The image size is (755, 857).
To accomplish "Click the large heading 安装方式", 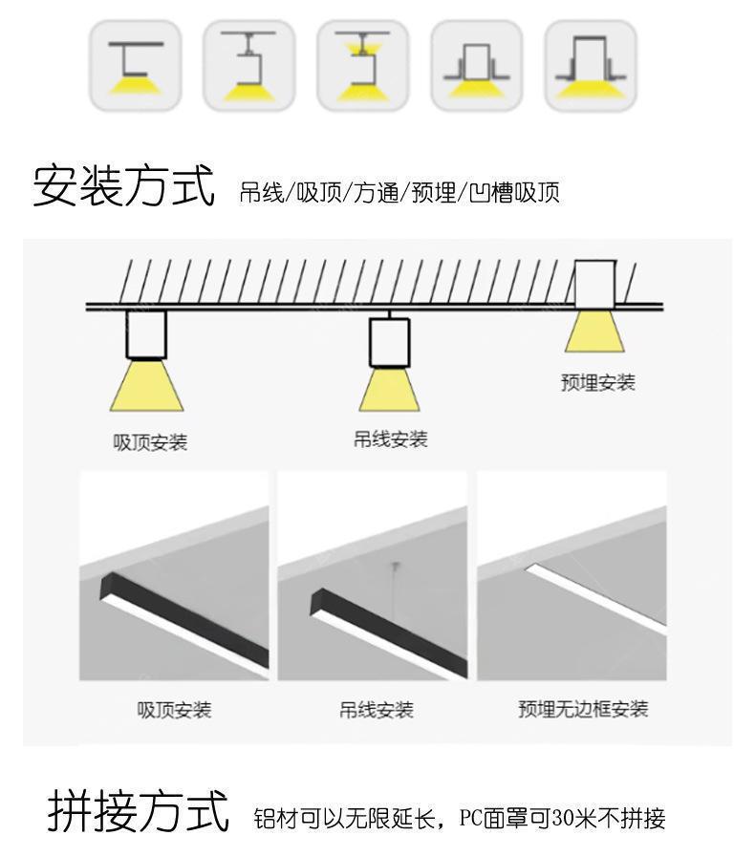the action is [x=123, y=184].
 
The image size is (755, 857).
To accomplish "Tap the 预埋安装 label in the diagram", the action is [x=597, y=383].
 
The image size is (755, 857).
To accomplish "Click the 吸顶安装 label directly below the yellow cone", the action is [x=150, y=443].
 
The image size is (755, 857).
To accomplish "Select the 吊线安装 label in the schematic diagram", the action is [x=390, y=439].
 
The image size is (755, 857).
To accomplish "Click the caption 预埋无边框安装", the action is [x=583, y=709].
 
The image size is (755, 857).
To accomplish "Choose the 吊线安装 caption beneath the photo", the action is [x=376, y=710].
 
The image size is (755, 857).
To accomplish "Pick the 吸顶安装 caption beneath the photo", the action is [x=174, y=710].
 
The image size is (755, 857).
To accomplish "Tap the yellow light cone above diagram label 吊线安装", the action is [x=389, y=390].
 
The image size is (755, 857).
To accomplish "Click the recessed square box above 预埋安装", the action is [x=595, y=284].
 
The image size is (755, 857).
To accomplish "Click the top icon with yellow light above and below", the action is [x=362, y=65].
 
